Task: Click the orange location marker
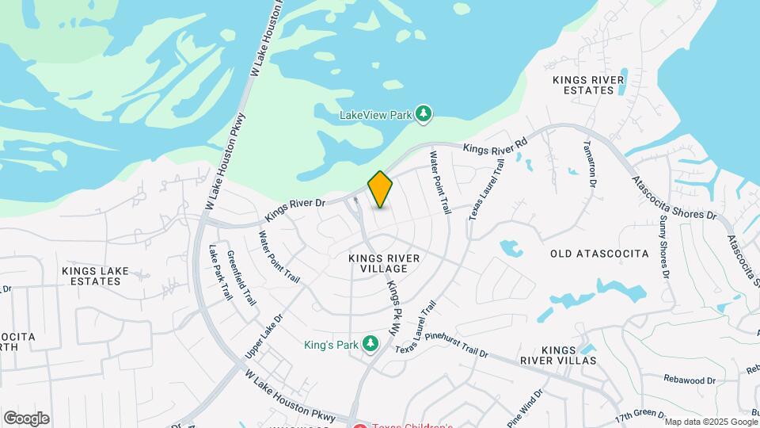381,189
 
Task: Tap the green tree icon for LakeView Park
424,115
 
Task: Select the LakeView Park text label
375,115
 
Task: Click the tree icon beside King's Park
369,344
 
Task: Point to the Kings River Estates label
588,85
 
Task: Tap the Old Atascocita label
599,254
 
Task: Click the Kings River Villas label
569,355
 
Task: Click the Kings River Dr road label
296,208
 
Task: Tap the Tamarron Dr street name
588,162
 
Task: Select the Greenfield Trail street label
241,278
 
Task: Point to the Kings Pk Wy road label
392,308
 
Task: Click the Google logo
26,418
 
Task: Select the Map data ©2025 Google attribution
711,422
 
